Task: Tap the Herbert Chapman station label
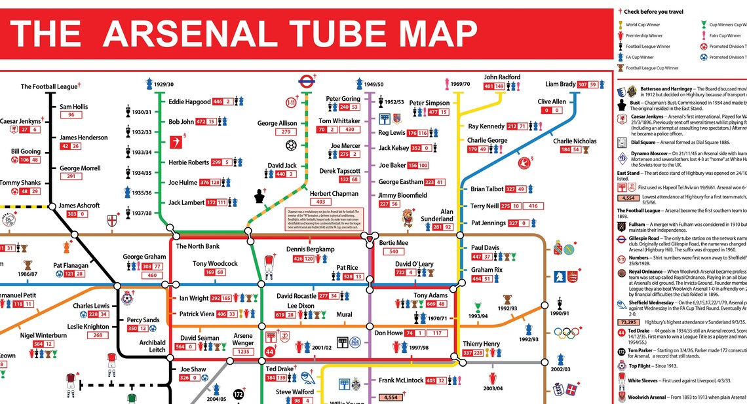[x=334, y=194]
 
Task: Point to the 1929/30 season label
[x=160, y=84]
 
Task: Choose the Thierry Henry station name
[x=482, y=344]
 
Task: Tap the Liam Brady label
[x=561, y=84]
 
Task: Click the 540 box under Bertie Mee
[x=394, y=251]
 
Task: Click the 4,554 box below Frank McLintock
[x=391, y=397]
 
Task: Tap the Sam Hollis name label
[x=73, y=107]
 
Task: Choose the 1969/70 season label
[x=461, y=84]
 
